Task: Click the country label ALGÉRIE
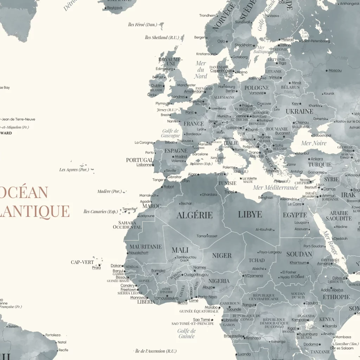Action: tap(194, 215)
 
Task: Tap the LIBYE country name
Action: tap(250, 214)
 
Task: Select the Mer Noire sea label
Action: tap(314, 143)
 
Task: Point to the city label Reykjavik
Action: tap(115, 8)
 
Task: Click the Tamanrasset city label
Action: tap(207, 236)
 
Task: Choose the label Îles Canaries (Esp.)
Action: tap(100, 212)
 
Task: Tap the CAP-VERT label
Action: tap(82, 262)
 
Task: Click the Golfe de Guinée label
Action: tap(186, 334)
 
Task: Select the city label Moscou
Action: tap(335, 71)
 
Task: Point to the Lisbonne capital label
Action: tap(144, 165)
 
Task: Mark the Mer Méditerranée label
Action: tap(275, 188)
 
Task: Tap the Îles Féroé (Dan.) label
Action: tap(142, 25)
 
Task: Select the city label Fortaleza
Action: tap(53, 335)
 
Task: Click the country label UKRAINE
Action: tap(299, 111)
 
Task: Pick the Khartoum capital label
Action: tap(298, 263)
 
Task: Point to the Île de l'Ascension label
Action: tap(156, 351)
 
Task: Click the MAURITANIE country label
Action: tap(146, 247)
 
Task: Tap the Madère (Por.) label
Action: tap(109, 192)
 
